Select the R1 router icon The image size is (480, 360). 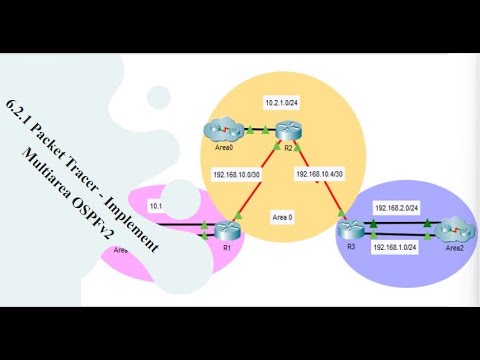click(225, 230)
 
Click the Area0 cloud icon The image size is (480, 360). click(216, 130)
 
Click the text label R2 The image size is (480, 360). click(287, 148)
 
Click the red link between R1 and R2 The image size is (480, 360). click(255, 181)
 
